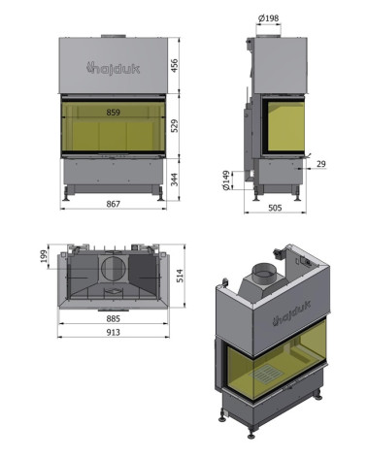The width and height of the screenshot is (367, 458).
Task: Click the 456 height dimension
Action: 174,66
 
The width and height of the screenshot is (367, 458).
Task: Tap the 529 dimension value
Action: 174,126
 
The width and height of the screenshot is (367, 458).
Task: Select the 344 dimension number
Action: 174,180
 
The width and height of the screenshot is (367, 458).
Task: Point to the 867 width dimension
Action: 114,204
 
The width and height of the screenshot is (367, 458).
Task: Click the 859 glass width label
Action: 114,113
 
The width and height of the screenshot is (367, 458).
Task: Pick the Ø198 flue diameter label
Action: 269,18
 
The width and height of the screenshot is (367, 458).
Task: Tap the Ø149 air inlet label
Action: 226,180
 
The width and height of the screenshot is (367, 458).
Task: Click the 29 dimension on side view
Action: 321,164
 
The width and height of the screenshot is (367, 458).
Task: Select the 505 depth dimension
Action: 275,208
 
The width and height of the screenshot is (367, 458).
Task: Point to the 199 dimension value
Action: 44,256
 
